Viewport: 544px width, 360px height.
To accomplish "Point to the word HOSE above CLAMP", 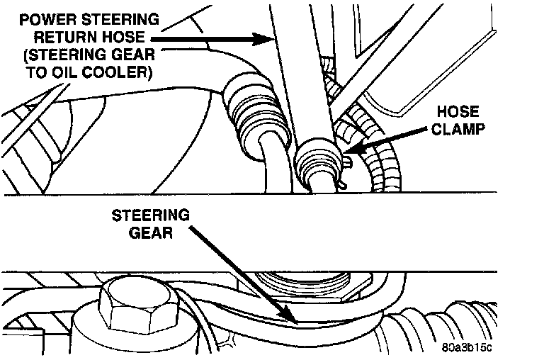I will coord(458,112).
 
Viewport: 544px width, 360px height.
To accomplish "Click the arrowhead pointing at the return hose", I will coord(265,39).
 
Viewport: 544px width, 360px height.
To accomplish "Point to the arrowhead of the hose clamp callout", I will coord(351,152).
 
